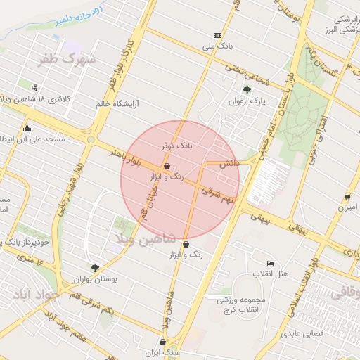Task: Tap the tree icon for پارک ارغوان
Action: [x=247, y=90]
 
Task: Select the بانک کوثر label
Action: [x=176, y=146]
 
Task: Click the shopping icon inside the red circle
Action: [x=167, y=167]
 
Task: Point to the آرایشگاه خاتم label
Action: [x=118, y=104]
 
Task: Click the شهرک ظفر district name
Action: [x=67, y=60]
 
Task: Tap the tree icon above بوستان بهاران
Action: [x=95, y=267]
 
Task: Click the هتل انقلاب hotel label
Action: [x=270, y=274]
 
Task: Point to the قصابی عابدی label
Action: [x=303, y=333]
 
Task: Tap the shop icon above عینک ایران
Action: [x=162, y=342]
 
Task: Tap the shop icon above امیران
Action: [x=347, y=196]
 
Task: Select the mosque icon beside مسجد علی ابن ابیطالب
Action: [x=27, y=129]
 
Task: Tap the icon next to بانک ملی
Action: [x=217, y=35]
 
